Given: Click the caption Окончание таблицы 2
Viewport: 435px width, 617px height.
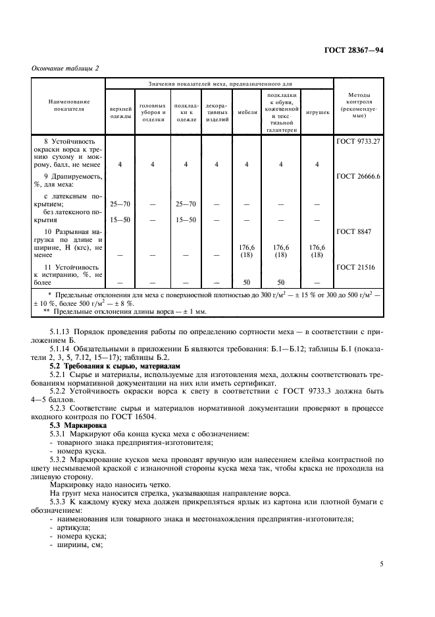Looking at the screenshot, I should (x=64, y=69).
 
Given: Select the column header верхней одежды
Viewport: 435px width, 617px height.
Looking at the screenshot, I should (x=120, y=112).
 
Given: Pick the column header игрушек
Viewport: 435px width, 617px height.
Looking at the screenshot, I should (x=318, y=112).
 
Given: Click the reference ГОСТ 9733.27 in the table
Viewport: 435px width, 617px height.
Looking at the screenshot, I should (x=359, y=141).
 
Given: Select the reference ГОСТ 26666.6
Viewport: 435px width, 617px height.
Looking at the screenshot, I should (x=359, y=176).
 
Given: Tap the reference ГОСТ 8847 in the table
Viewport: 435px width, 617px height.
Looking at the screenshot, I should (x=354, y=232).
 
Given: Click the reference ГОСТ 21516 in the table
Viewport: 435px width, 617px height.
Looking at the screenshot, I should (x=356, y=267).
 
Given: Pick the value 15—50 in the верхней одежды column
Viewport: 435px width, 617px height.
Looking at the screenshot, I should (x=120, y=219).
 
